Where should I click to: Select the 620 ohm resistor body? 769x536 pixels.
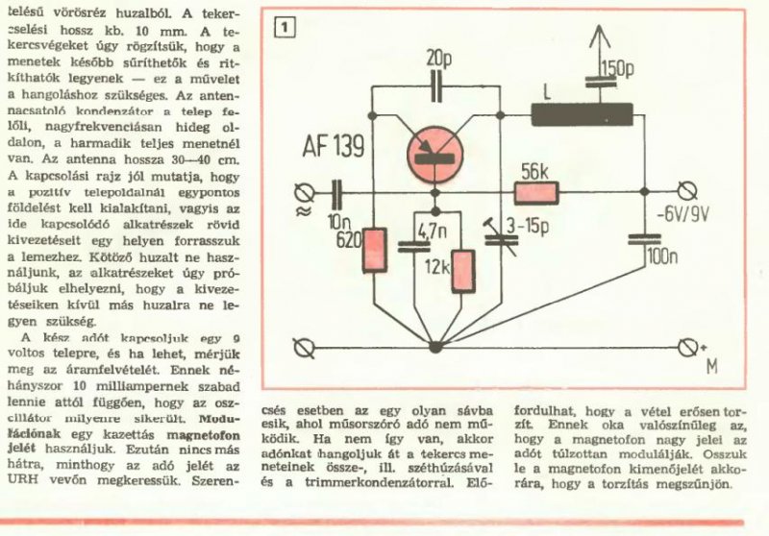[x=374, y=252]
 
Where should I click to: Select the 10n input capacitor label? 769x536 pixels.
[x=336, y=223]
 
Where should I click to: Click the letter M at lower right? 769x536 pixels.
[x=712, y=366]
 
